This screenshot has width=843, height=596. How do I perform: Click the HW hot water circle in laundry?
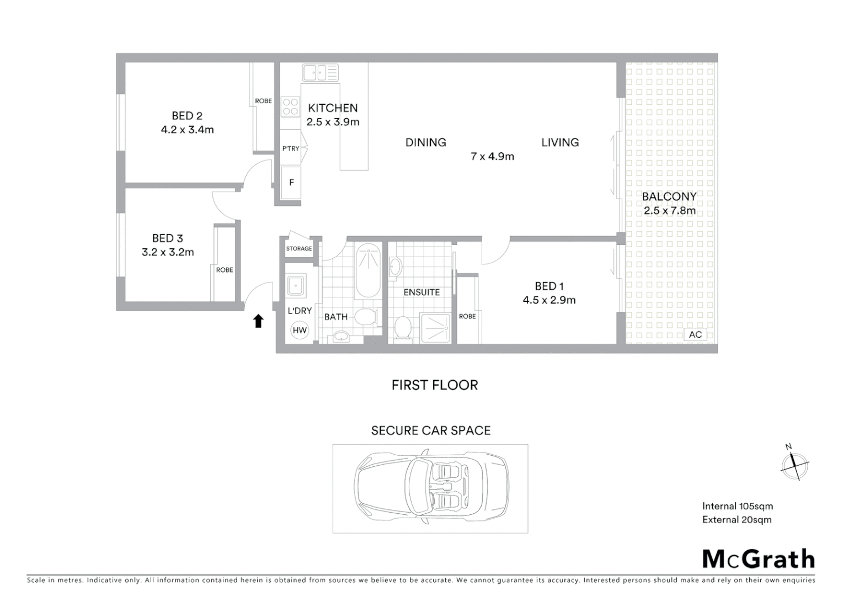click(300, 331)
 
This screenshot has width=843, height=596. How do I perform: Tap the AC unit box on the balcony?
click(695, 334)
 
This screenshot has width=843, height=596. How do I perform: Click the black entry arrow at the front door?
click(258, 321)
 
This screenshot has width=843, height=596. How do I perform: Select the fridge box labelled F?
click(291, 183)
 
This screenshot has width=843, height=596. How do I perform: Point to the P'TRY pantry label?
click(291, 148)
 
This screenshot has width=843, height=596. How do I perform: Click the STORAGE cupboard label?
click(299, 249)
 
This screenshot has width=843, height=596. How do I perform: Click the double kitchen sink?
click(320, 73)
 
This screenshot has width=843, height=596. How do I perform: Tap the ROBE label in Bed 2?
click(263, 101)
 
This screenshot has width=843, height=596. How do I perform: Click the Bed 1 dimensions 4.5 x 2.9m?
click(549, 300)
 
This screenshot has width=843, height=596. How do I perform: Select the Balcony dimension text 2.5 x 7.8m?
click(669, 211)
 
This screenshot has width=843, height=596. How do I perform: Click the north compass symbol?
click(794, 464)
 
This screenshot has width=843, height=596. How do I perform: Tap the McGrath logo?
click(758, 559)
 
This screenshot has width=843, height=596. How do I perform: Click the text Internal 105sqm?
click(737, 506)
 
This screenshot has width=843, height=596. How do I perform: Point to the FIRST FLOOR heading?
click(435, 385)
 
